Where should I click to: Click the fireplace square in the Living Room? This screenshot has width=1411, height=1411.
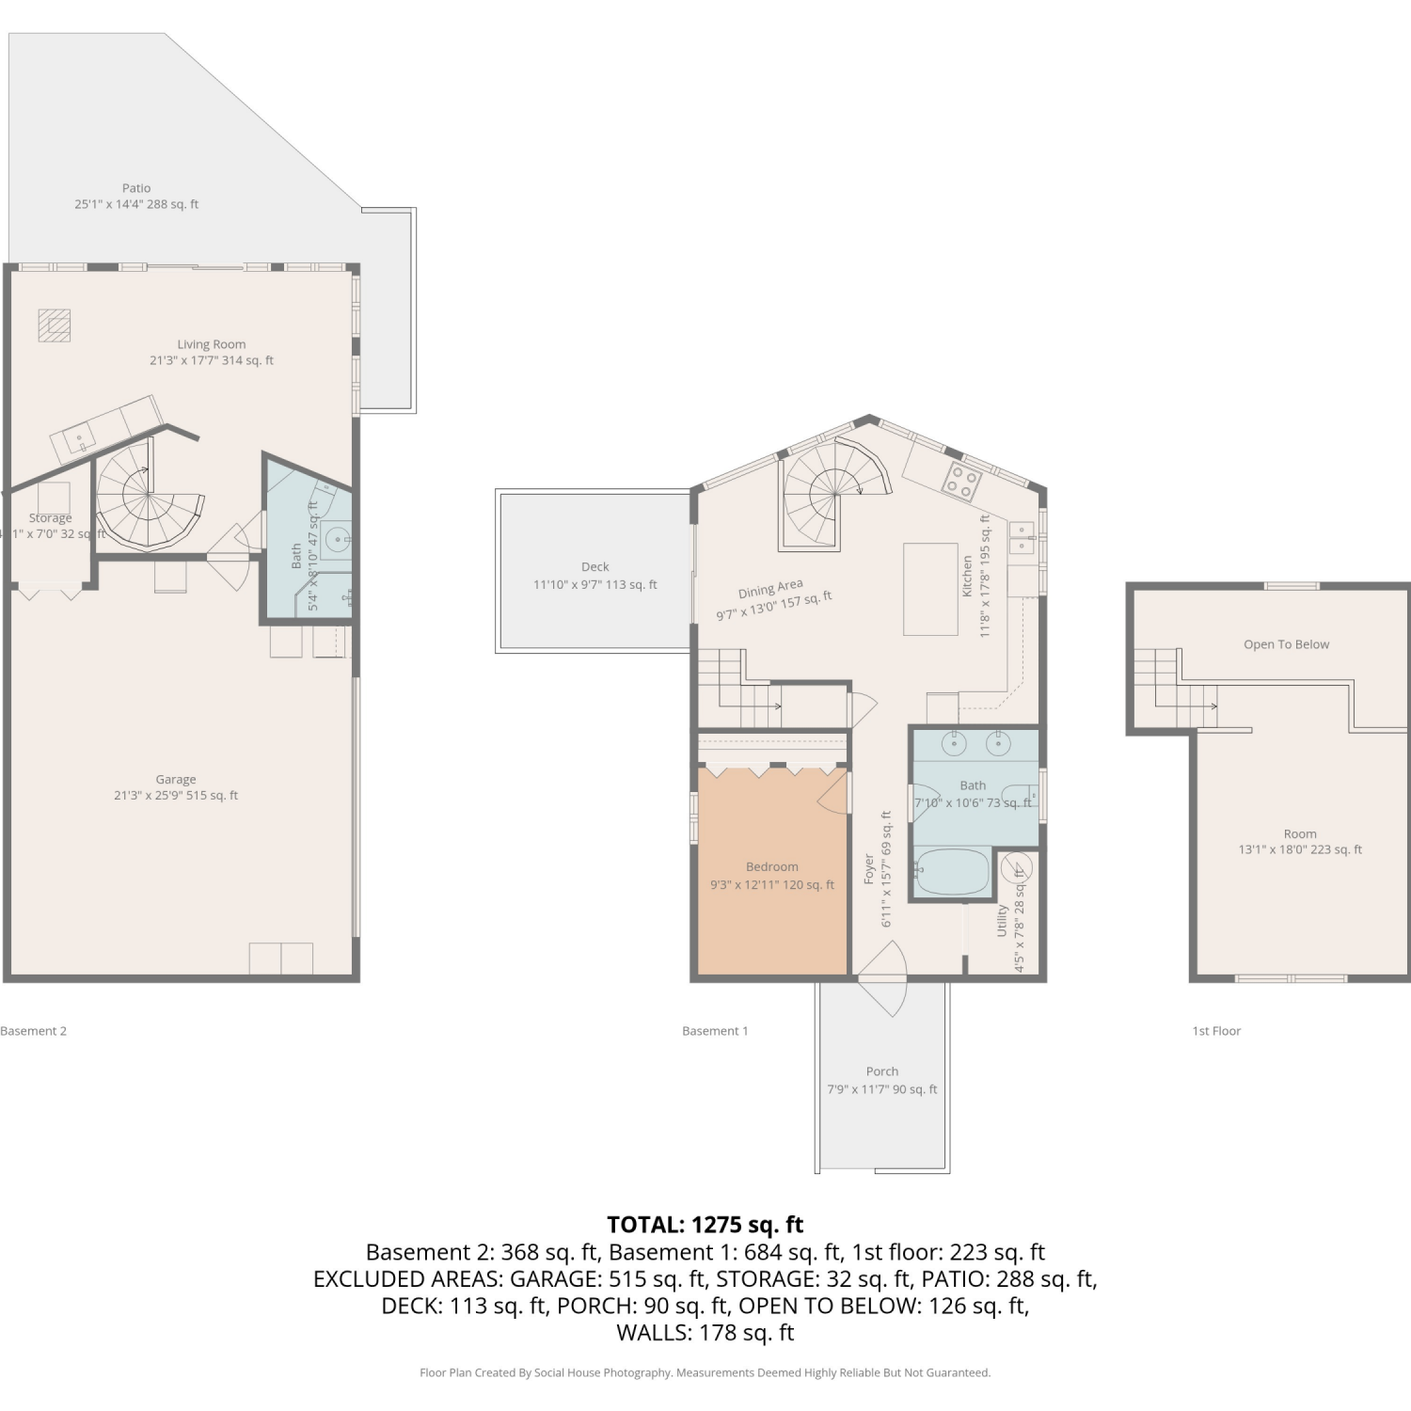point(54,325)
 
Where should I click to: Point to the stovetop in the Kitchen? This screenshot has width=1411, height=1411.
point(962,482)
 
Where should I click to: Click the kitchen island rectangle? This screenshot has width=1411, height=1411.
point(930,590)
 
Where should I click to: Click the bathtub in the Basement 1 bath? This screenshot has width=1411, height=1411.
point(952,871)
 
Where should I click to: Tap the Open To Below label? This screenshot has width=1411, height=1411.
point(1287,644)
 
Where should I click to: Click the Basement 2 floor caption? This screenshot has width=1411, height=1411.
point(34,1031)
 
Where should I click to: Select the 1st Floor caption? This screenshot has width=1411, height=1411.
point(1216,1031)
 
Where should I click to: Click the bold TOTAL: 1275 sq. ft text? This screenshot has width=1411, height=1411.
point(705,1225)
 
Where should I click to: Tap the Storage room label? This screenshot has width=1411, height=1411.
point(51,518)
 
